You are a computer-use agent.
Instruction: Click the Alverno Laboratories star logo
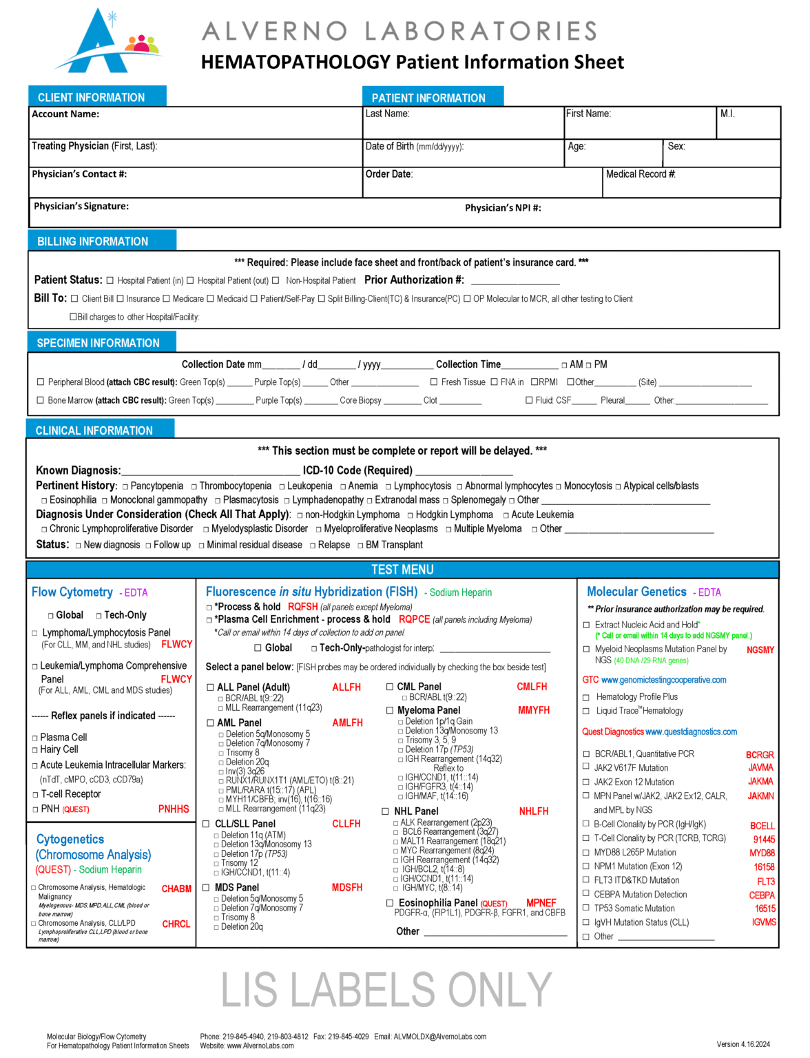(x=103, y=41)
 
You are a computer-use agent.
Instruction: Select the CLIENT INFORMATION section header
(x=91, y=97)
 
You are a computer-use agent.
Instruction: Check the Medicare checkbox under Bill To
(x=166, y=299)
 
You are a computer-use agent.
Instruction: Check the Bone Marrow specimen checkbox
(x=41, y=400)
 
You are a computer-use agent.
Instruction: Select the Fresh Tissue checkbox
(x=434, y=382)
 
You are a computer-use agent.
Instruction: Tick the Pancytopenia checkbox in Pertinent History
(x=125, y=487)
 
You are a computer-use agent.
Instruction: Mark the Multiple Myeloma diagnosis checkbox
(x=448, y=530)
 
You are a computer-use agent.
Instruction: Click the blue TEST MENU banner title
(x=402, y=570)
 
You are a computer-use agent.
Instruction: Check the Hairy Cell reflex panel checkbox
(x=35, y=750)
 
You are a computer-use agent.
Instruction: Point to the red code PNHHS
(x=174, y=809)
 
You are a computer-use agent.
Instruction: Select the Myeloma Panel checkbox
(x=390, y=710)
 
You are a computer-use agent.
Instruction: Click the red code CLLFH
(x=346, y=824)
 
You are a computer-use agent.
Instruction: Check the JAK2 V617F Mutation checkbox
(x=587, y=768)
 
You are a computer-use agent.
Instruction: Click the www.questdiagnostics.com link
(x=691, y=732)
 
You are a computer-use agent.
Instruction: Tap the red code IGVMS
(x=764, y=922)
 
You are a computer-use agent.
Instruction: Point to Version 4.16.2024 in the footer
(x=742, y=1044)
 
